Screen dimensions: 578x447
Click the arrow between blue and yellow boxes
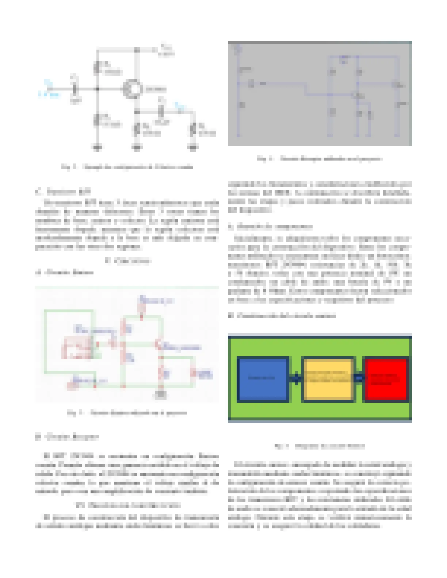[x=295, y=378]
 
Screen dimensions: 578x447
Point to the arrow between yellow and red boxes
[x=359, y=378]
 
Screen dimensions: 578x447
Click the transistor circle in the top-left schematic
[x=132, y=89]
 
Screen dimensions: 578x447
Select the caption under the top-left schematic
[x=127, y=167]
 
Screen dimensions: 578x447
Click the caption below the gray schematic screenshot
[x=320, y=159]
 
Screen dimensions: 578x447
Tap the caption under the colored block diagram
[x=320, y=446]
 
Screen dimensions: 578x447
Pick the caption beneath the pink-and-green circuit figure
[x=127, y=413]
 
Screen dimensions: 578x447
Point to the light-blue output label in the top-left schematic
[x=180, y=107]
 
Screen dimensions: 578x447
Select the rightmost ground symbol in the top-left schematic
[x=193, y=147]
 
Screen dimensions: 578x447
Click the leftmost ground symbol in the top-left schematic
[x=98, y=147]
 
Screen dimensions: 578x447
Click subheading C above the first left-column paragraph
[x=63, y=191]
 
